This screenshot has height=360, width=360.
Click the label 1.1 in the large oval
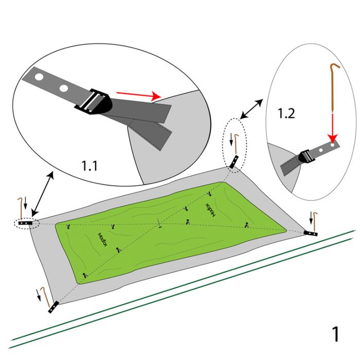92,166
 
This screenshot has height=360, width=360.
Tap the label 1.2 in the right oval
286,114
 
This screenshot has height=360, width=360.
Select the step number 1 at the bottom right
335,334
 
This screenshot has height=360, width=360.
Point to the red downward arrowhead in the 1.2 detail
333,137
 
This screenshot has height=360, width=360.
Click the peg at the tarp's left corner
21,207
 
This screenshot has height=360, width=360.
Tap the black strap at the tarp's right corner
311,233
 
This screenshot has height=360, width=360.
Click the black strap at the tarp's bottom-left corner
53,308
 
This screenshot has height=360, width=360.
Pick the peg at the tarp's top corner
236,144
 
